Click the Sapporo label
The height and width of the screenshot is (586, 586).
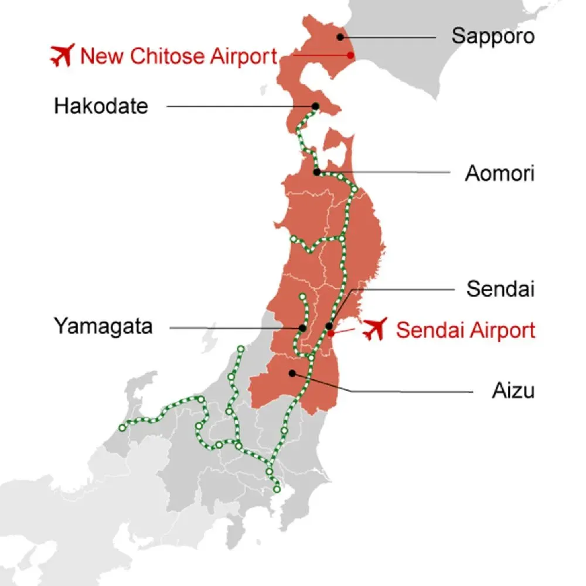click(x=493, y=36)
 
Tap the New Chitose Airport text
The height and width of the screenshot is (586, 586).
click(x=178, y=56)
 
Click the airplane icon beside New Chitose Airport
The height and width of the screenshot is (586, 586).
click(x=61, y=55)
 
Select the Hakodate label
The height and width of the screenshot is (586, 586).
click(x=101, y=107)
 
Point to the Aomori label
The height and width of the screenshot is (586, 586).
click(x=499, y=174)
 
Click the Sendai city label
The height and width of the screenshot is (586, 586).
click(x=500, y=289)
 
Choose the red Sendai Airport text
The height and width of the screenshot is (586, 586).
click(x=465, y=331)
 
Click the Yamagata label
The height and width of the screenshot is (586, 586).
click(x=103, y=326)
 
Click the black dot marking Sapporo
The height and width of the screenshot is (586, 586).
click(x=340, y=36)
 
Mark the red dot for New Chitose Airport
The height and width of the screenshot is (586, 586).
click(x=350, y=55)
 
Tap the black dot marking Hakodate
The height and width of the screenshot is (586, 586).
click(x=315, y=106)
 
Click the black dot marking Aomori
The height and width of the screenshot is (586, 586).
click(x=316, y=172)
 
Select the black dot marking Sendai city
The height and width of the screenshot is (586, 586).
click(x=329, y=326)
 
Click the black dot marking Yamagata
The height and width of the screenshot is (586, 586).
click(x=301, y=328)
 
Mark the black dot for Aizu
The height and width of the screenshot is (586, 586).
click(x=292, y=373)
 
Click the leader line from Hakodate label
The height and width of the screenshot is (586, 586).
click(x=240, y=107)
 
